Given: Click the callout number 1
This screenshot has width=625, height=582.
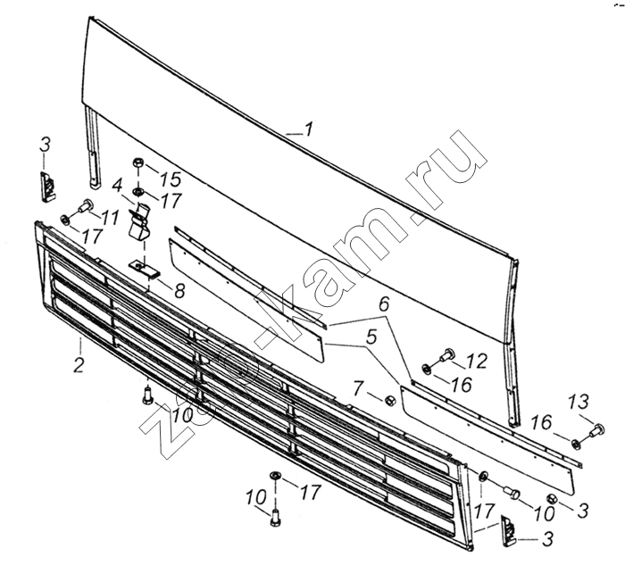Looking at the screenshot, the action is pyautogui.click(x=309, y=129).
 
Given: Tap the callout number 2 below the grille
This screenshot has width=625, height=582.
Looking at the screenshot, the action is pyautogui.click(x=79, y=365).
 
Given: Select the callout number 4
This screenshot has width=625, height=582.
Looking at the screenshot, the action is pyautogui.click(x=117, y=186).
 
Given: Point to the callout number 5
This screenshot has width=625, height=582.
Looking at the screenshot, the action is pyautogui.click(x=371, y=337).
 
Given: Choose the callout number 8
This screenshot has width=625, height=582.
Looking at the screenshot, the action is pyautogui.click(x=179, y=291).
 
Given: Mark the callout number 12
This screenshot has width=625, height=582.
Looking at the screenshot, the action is pyautogui.click(x=479, y=361).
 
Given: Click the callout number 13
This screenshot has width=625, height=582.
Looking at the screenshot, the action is pyautogui.click(x=579, y=402).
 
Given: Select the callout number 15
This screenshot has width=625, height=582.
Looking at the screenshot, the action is pyautogui.click(x=171, y=179).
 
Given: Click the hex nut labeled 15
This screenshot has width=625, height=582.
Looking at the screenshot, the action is pyautogui.click(x=138, y=163).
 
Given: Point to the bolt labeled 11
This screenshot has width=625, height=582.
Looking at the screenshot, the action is pyautogui.click(x=85, y=207).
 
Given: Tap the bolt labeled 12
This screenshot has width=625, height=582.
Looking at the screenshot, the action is pyautogui.click(x=446, y=354).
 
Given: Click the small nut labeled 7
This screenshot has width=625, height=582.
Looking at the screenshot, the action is pyautogui.click(x=389, y=400).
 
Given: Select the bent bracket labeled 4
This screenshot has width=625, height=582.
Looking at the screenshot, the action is pyautogui.click(x=139, y=224).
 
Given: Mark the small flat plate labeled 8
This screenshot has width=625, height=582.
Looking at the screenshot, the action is pyautogui.click(x=144, y=269).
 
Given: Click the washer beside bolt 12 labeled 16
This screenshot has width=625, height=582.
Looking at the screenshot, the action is pyautogui.click(x=427, y=370).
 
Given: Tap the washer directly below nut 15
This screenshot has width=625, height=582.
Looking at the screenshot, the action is pyautogui.click(x=138, y=192).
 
